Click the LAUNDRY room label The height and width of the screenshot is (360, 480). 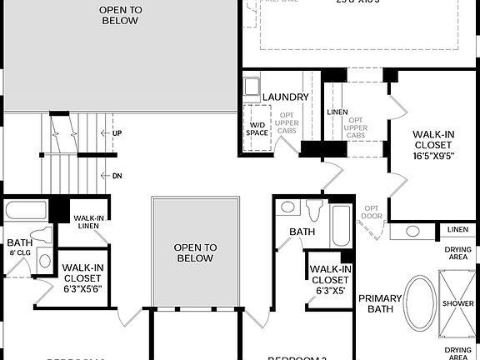(285, 97)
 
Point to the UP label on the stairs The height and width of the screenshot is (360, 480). (117, 132)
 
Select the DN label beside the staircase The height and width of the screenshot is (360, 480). (117, 176)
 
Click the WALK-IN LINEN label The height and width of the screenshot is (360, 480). (87, 222)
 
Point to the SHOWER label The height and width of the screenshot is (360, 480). (457, 303)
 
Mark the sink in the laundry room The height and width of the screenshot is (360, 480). (252, 86)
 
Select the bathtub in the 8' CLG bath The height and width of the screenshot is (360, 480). (25, 209)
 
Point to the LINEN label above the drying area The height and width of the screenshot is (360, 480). (457, 229)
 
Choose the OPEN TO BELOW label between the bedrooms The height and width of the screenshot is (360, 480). (196, 252)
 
